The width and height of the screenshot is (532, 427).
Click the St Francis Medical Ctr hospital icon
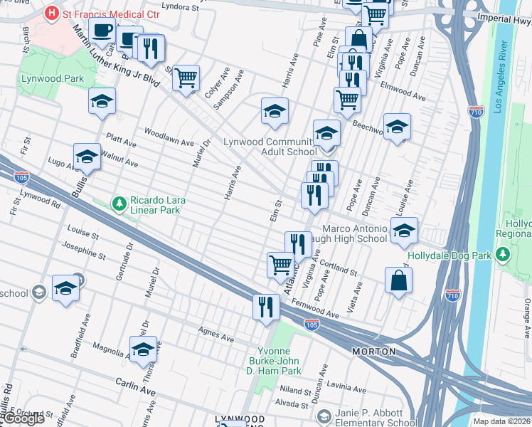[x=51, y=12]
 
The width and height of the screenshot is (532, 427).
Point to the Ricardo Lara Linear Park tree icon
[x=119, y=204]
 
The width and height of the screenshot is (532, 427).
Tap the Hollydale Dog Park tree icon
[x=504, y=254]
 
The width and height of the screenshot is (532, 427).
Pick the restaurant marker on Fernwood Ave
[x=266, y=307]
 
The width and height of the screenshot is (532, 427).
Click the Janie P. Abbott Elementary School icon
[x=324, y=416]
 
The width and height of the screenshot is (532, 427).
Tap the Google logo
[x=23, y=418]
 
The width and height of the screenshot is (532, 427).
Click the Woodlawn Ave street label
[x=169, y=136]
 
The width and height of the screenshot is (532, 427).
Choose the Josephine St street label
[x=84, y=251]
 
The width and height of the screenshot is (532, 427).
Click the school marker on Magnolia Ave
[x=143, y=348]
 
